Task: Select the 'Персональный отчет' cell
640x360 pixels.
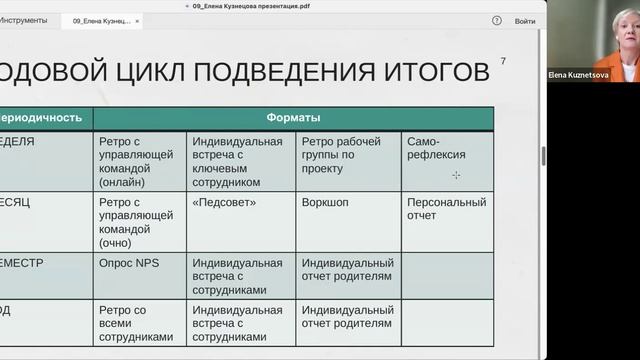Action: click(x=446, y=208)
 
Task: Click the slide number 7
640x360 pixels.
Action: click(x=503, y=62)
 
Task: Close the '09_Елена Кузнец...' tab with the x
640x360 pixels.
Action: click(x=137, y=21)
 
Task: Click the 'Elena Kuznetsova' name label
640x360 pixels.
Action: click(x=577, y=74)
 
